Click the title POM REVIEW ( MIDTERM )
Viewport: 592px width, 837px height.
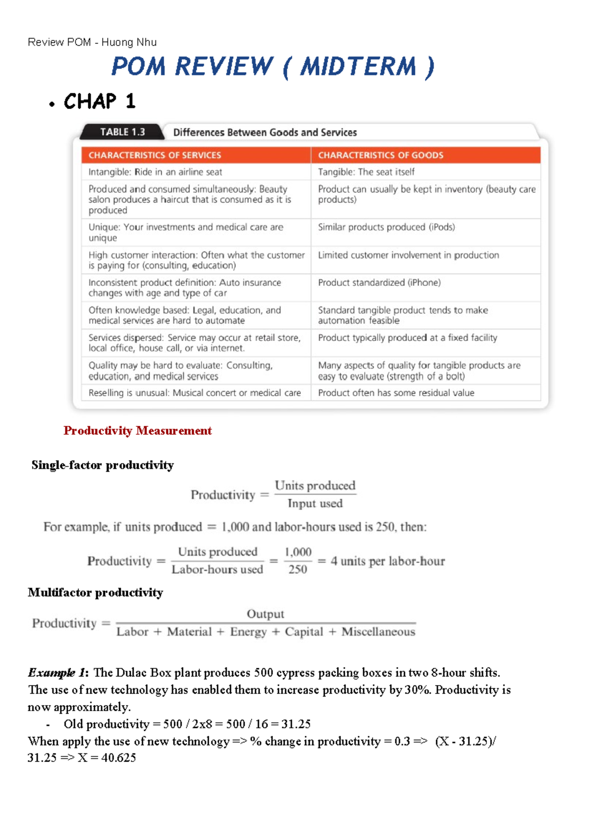273,67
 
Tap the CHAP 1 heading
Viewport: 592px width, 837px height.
99,102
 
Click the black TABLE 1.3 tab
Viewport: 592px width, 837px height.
122,132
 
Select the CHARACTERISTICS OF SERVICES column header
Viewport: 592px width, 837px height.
155,155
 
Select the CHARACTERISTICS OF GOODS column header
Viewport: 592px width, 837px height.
380,155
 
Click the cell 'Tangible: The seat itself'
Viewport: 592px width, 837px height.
366,172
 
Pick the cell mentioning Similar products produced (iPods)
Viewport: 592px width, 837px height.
386,228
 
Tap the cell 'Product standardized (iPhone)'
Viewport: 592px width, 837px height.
379,283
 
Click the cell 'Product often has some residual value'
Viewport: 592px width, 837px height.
396,393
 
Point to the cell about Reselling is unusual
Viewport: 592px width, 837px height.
194,393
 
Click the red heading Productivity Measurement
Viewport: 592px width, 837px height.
138,431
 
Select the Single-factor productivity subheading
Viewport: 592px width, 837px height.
103,465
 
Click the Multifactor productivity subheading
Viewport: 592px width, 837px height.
95,593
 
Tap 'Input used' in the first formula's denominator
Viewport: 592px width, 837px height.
315,504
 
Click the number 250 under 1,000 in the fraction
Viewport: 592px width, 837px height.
297,570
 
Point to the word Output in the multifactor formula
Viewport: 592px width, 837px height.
265,614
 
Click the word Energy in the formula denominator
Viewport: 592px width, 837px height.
248,632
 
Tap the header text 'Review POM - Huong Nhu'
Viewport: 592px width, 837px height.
92,42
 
